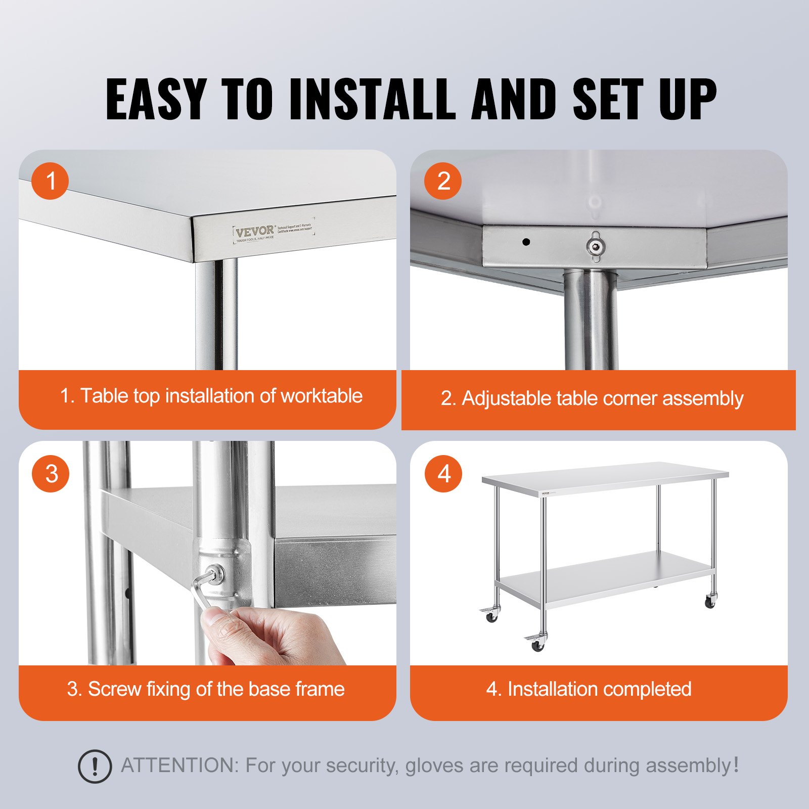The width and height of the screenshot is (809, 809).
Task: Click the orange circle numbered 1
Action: [50, 181]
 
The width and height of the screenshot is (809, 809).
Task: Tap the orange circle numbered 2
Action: [443, 181]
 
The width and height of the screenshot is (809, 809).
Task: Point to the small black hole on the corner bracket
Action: [526, 242]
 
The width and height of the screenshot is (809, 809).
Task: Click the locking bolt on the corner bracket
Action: [596, 246]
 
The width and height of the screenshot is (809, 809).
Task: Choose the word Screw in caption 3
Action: [114, 689]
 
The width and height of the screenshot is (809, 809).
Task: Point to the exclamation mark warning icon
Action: [95, 767]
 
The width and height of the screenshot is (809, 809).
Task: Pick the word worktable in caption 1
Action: [322, 396]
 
